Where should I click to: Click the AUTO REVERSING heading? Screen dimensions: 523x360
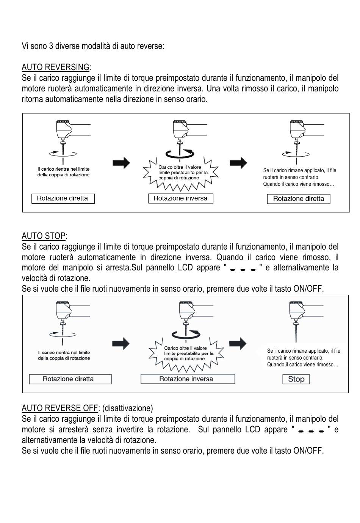tap(55, 68)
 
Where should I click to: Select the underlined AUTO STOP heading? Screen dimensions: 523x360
tap(43, 236)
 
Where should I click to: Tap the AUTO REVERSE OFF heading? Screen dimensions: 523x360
tap(59, 408)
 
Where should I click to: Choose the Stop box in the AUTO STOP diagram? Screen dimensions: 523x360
tap(296, 379)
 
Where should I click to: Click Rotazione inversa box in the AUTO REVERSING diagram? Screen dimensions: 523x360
tap(180, 198)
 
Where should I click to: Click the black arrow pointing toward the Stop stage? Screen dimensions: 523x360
tap(238, 344)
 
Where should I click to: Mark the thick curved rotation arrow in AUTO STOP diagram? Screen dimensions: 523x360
tap(186, 334)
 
